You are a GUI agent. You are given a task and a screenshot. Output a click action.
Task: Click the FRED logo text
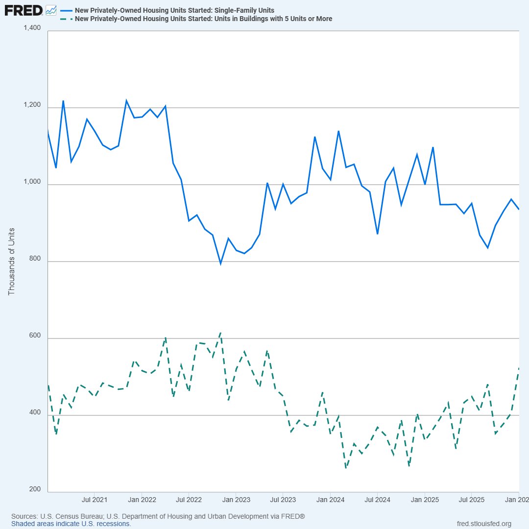[24, 10]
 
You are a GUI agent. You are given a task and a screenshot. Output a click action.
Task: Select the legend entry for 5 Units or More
[203, 19]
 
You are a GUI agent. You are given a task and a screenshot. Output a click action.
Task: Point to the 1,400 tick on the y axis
[32, 27]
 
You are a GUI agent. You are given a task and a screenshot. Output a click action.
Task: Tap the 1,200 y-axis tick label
[32, 104]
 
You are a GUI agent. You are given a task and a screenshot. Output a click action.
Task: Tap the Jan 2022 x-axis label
[142, 500]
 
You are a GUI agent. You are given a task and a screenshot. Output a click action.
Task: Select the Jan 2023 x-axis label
[236, 500]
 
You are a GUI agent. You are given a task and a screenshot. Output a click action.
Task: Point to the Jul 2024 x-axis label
[378, 500]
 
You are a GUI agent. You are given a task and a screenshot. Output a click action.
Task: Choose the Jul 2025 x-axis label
[472, 500]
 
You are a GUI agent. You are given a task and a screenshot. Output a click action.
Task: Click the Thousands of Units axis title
[12, 261]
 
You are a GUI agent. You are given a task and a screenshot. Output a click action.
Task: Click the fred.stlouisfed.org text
[483, 524]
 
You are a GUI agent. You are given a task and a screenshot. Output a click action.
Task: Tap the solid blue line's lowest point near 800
[220, 264]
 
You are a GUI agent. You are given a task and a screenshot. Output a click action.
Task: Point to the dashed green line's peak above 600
[221, 333]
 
